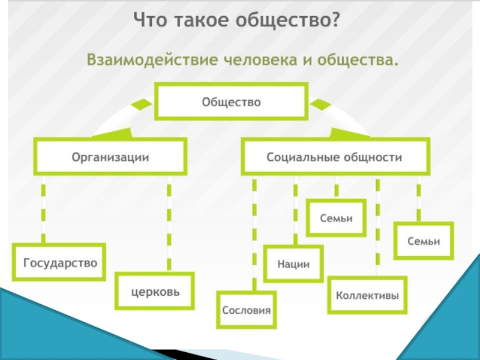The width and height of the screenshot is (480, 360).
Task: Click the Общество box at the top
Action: point(231,102)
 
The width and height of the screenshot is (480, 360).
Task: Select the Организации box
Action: point(110,157)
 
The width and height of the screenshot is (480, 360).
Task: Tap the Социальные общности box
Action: point(335,157)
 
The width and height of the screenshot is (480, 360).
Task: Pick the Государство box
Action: point(59,262)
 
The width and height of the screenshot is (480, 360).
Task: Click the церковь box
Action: point(155,292)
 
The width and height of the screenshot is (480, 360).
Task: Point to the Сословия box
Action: point(247,311)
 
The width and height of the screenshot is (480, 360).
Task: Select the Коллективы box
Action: point(368,295)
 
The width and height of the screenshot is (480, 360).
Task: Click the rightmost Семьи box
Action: point(424,241)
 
